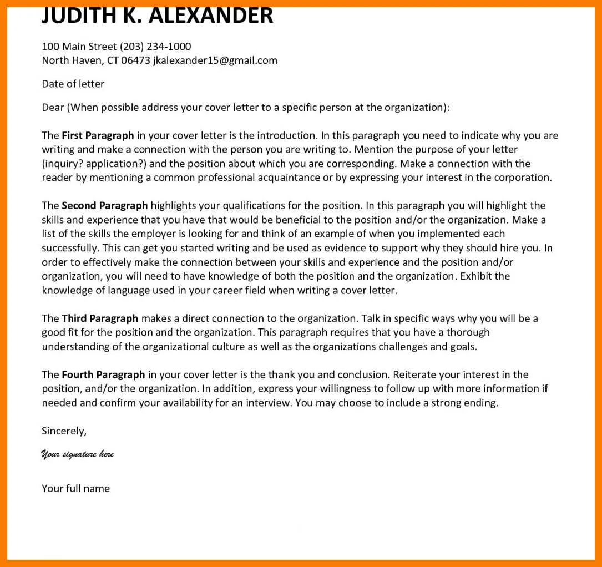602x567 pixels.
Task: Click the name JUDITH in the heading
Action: pyautogui.click(x=77, y=16)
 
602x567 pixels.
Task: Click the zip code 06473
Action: pyautogui.click(x=135, y=60)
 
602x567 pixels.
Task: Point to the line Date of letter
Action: pyautogui.click(x=73, y=84)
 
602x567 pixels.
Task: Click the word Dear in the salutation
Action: pyautogui.click(x=53, y=108)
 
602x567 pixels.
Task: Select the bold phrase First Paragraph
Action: pyautogui.click(x=98, y=135)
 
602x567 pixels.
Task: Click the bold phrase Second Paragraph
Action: pyautogui.click(x=104, y=206)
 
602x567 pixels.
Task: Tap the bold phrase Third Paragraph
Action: pyautogui.click(x=100, y=318)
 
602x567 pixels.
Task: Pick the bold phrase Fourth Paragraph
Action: pyautogui.click(x=103, y=374)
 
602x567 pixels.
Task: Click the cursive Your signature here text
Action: pyautogui.click(x=77, y=454)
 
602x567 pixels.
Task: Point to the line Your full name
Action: pyautogui.click(x=75, y=489)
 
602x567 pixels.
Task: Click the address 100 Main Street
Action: pyautogui.click(x=79, y=47)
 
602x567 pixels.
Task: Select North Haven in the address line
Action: pyautogui.click(x=71, y=60)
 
